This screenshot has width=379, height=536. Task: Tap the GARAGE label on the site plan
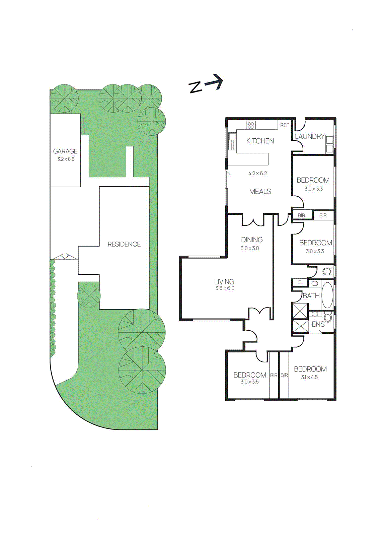click(65, 151)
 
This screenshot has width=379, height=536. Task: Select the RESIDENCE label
click(124, 244)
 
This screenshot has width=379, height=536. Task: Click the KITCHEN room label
click(260, 141)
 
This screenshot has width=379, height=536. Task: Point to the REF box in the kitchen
click(284, 125)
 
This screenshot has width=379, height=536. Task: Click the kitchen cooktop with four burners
click(251, 125)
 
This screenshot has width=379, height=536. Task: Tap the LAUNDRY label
click(309, 136)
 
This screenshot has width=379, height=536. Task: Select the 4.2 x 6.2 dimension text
click(257, 173)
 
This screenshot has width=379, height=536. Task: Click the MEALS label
click(260, 191)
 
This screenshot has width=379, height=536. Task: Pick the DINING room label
click(252, 240)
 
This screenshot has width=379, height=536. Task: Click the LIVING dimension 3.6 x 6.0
click(225, 288)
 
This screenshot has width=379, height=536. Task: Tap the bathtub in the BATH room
click(327, 295)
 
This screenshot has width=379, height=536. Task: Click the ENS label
click(318, 324)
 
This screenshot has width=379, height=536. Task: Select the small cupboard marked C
click(300, 282)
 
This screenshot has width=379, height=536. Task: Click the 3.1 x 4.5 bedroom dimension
click(309, 377)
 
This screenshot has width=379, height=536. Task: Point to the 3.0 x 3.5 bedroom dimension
click(249, 382)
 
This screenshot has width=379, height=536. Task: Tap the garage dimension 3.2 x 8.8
click(66, 159)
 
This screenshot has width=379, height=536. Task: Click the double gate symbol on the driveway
click(66, 257)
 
